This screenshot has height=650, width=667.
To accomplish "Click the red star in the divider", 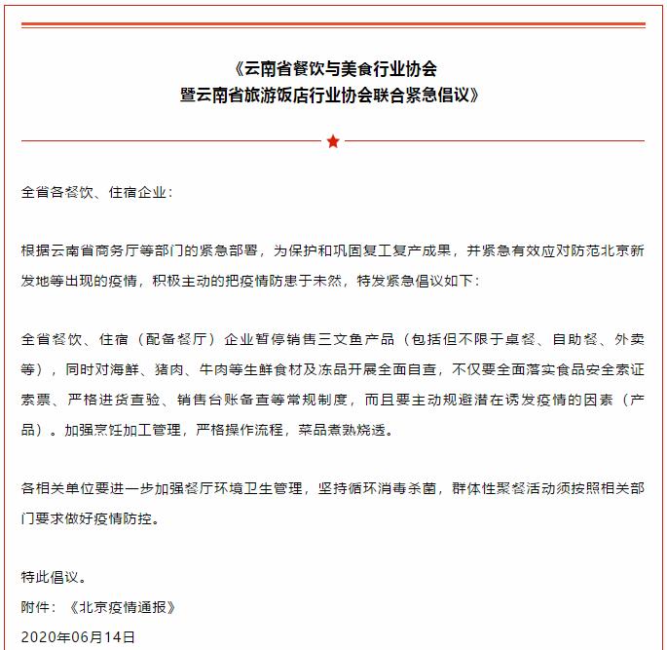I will click(x=333, y=141).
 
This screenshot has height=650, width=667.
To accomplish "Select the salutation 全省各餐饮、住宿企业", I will click(x=95, y=192).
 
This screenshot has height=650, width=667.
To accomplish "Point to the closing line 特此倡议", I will click(x=55, y=578).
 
